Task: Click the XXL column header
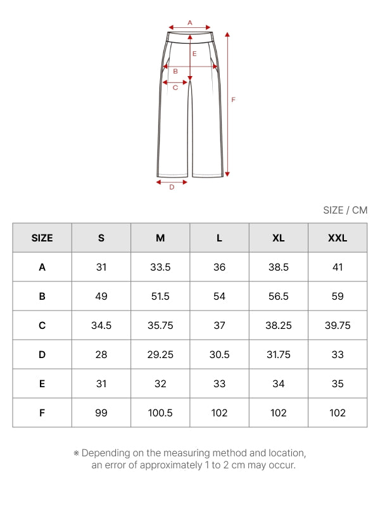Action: click(338, 238)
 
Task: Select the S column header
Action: click(101, 238)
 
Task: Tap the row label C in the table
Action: click(42, 325)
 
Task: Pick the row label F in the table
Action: click(42, 413)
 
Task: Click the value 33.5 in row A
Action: click(160, 267)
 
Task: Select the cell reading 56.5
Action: click(279, 296)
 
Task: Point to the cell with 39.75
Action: click(338, 325)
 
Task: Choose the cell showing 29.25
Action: click(160, 354)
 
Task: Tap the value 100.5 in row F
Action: click(160, 413)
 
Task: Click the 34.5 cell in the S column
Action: click(101, 325)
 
